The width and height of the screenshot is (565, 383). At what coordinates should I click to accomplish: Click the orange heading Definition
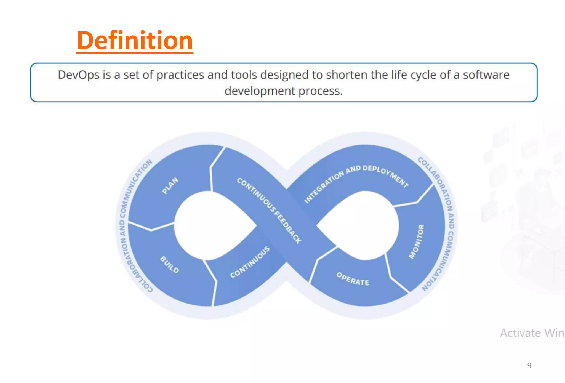coord(135,41)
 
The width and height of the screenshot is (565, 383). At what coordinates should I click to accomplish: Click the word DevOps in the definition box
coord(78,75)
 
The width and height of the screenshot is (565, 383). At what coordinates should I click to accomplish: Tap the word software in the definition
coord(486,75)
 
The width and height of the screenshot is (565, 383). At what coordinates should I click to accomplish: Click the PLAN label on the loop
coord(170,186)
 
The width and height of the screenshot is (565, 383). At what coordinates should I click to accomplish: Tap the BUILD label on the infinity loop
coord(169,265)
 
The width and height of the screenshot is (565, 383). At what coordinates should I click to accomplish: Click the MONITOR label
coord(416,242)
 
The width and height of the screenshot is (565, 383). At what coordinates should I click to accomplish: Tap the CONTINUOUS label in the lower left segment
coord(250,262)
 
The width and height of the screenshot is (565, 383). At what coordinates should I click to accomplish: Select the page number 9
coord(529,365)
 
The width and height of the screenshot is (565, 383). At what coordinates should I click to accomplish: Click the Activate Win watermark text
coord(532,333)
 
